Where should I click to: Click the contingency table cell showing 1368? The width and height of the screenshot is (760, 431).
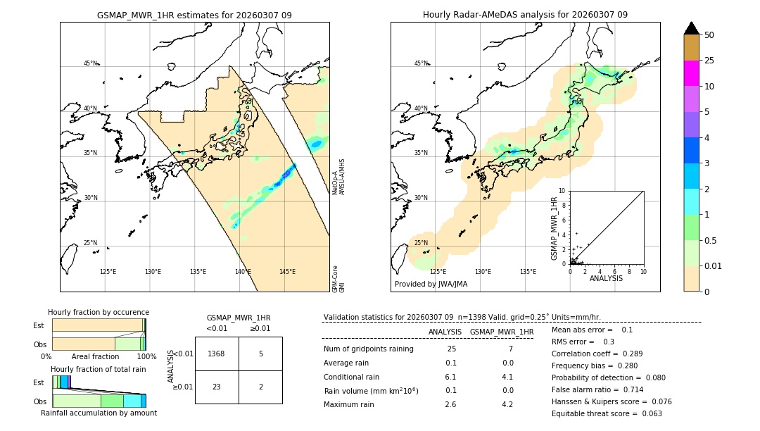(x=217, y=354)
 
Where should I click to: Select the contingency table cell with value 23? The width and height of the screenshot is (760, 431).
(x=217, y=387)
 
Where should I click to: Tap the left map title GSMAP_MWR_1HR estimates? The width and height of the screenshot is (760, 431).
(x=194, y=15)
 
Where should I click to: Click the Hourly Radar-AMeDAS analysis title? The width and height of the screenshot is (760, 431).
(x=525, y=15)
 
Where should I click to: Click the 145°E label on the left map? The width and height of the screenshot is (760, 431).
(x=287, y=272)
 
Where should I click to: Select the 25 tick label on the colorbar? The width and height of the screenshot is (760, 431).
(x=709, y=61)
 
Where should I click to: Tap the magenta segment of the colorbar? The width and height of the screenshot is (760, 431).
(x=691, y=73)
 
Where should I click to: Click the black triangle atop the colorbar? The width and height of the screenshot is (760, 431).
(x=691, y=28)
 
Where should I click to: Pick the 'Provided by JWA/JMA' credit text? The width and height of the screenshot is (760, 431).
(x=431, y=284)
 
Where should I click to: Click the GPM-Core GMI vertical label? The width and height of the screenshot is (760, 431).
(x=338, y=279)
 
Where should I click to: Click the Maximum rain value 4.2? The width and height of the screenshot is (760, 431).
(x=507, y=404)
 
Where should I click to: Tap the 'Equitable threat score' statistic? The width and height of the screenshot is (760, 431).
(x=607, y=413)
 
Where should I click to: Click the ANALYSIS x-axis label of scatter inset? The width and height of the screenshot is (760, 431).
(x=605, y=278)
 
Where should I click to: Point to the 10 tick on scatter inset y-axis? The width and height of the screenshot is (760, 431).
(x=562, y=191)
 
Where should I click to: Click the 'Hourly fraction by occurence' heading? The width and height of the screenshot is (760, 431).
(x=99, y=312)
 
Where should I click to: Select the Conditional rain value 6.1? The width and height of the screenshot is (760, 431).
(x=451, y=377)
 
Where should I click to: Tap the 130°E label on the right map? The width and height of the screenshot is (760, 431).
(x=483, y=272)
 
